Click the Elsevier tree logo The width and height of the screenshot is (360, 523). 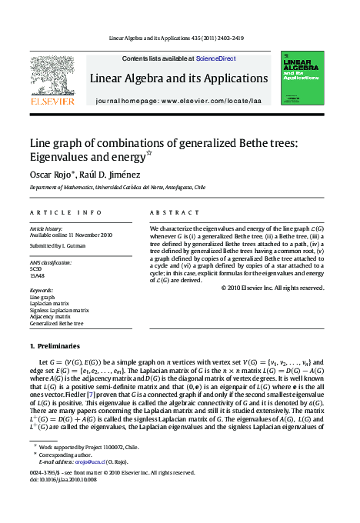point(52,74)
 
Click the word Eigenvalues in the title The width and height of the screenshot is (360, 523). point(59,157)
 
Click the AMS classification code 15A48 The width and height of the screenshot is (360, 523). point(37,275)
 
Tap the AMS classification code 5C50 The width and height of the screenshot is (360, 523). point(35,268)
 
